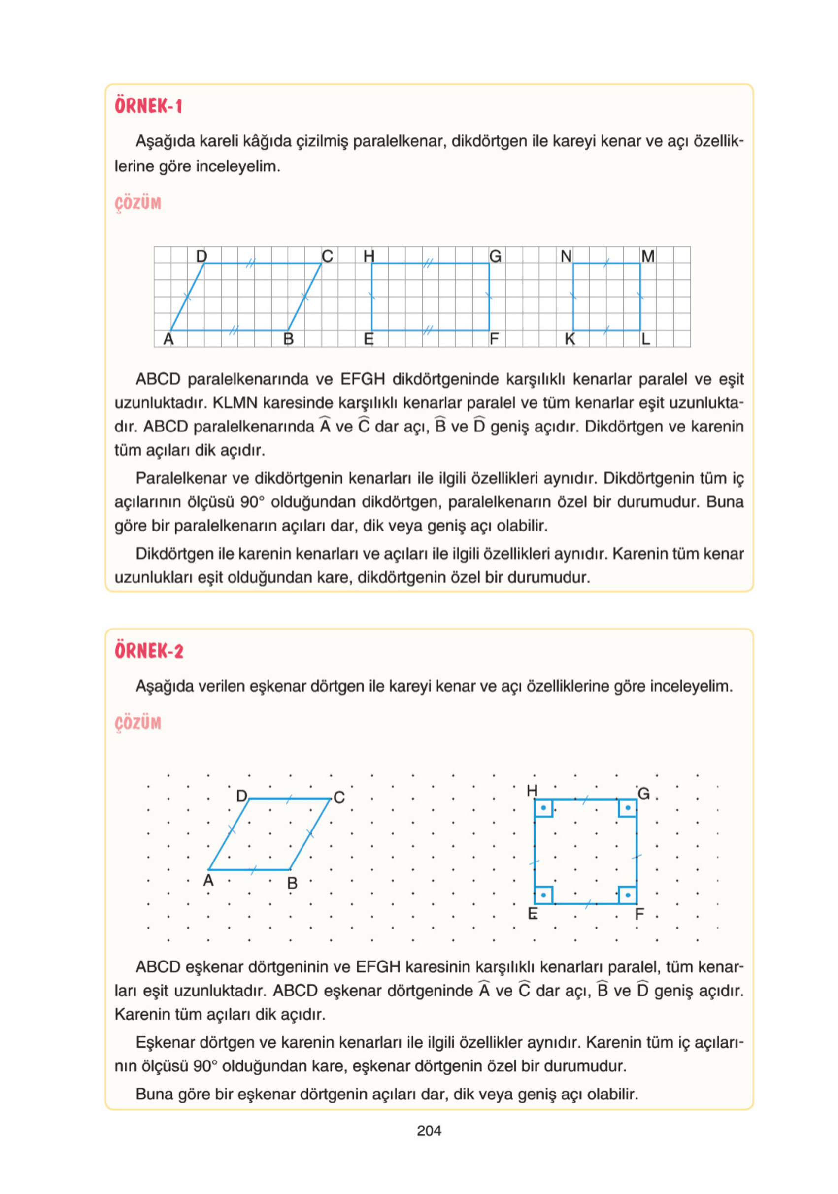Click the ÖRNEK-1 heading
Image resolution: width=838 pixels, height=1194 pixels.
(x=148, y=106)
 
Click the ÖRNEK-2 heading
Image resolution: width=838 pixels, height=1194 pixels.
(x=149, y=651)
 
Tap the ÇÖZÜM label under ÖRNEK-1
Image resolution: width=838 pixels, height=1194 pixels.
(x=138, y=203)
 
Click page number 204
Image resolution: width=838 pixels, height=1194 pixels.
(x=429, y=1130)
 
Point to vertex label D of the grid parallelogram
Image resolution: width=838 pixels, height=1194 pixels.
(x=201, y=256)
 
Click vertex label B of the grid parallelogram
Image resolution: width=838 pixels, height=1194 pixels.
(x=288, y=339)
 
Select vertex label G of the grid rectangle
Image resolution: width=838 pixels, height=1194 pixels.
(x=495, y=256)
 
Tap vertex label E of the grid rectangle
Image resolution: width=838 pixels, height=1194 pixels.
(x=369, y=339)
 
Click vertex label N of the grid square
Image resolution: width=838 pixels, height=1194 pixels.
(x=566, y=256)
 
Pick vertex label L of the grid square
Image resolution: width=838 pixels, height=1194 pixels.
(x=645, y=339)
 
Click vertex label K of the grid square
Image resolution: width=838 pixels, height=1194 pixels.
(x=570, y=339)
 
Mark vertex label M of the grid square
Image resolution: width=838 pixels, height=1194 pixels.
(x=648, y=256)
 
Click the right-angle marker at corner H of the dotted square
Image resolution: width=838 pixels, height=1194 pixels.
(x=543, y=808)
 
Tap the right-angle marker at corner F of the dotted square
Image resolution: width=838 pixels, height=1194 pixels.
(x=627, y=895)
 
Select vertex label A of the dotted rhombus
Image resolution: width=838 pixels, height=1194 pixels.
(x=208, y=880)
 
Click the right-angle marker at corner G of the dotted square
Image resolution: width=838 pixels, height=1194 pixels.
(x=627, y=808)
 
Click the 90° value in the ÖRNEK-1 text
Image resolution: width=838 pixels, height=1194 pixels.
(x=252, y=502)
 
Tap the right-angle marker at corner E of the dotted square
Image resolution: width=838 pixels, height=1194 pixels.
(x=543, y=895)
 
